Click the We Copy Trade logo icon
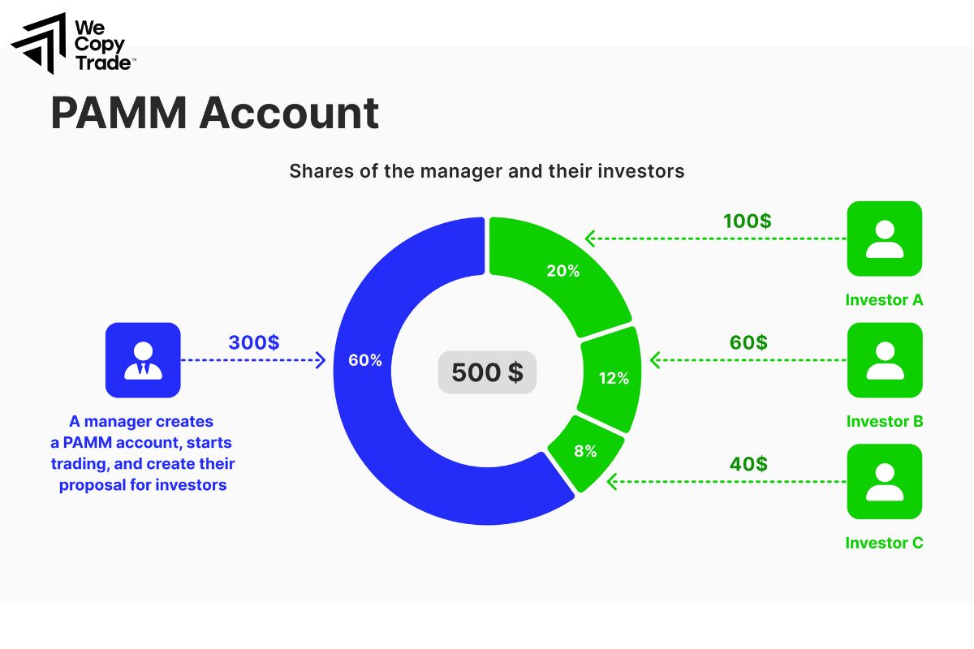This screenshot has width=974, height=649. coord(37,43)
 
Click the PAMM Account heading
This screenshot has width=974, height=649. coord(215,113)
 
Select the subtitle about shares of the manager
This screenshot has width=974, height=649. coord(487,171)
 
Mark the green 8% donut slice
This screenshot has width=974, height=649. coord(585,451)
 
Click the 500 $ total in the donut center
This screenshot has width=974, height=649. coord(487,372)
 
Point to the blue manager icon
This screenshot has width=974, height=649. coord(143,360)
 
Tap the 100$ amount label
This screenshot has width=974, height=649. coord(747,221)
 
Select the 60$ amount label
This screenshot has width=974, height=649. coord(748,342)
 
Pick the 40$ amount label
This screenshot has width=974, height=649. coord(748,464)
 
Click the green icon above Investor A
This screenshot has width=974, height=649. coord(884,239)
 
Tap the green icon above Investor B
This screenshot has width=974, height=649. coord(884,360)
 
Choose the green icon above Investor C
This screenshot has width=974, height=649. coord(884,482)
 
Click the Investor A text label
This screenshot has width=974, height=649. coord(884,300)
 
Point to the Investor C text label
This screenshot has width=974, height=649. coord(884,544)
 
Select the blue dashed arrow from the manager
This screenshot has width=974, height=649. coord(252,360)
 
